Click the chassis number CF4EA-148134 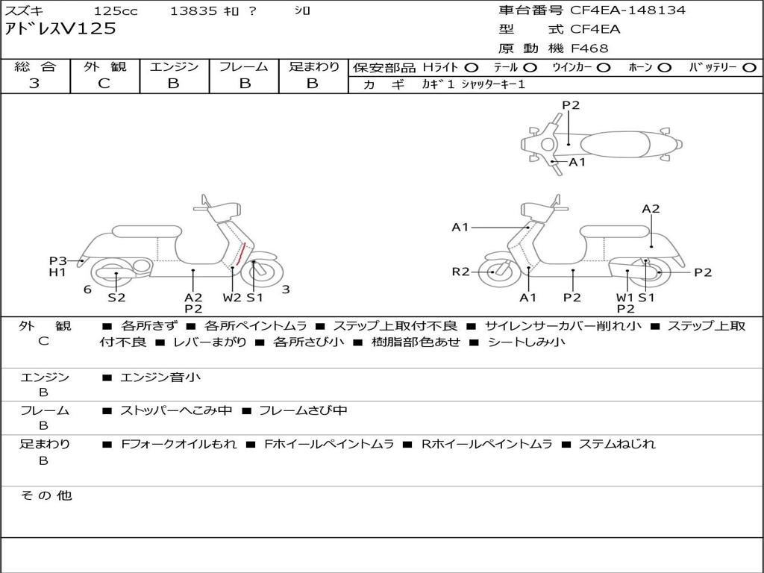pyautogui.click(x=627, y=10)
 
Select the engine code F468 pyautogui.click(x=589, y=48)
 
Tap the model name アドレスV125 pyautogui.click(x=60, y=29)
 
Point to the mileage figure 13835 pyautogui.click(x=193, y=10)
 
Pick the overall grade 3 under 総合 pyautogui.click(x=34, y=84)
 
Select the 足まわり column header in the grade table pyautogui.click(x=313, y=67)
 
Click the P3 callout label pyautogui.click(x=58, y=260)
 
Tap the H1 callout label pyautogui.click(x=58, y=272)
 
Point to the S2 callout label pyautogui.click(x=116, y=298)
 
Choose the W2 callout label pyautogui.click(x=232, y=298)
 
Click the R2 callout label pyautogui.click(x=460, y=272)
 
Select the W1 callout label pyautogui.click(x=624, y=298)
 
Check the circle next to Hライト pyautogui.click(x=471, y=67)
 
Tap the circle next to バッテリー pyautogui.click(x=750, y=67)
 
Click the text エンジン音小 pyautogui.click(x=160, y=378)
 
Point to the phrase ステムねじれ pyautogui.click(x=617, y=444)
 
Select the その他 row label pyautogui.click(x=46, y=495)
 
